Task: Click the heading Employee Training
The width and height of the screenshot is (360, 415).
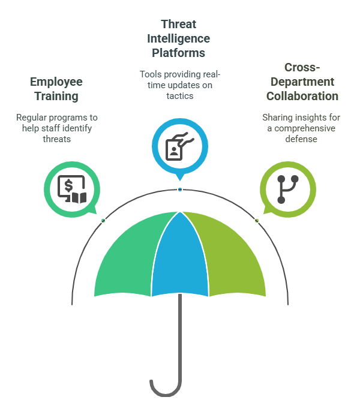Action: tap(56, 88)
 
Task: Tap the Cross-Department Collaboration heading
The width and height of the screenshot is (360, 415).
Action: tap(302, 82)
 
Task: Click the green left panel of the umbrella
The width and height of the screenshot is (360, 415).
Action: tap(129, 258)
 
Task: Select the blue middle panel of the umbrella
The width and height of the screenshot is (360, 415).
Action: tap(180, 252)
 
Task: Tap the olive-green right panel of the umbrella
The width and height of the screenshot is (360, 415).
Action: tap(231, 258)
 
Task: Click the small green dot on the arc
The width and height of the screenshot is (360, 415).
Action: tap(103, 221)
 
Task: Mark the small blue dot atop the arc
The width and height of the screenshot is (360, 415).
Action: tap(180, 190)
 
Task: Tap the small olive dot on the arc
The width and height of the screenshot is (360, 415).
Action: tap(257, 221)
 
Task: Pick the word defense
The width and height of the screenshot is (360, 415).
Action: tap(302, 139)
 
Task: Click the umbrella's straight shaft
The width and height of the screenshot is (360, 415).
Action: tap(180, 336)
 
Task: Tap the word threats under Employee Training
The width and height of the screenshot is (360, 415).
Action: tap(56, 139)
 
